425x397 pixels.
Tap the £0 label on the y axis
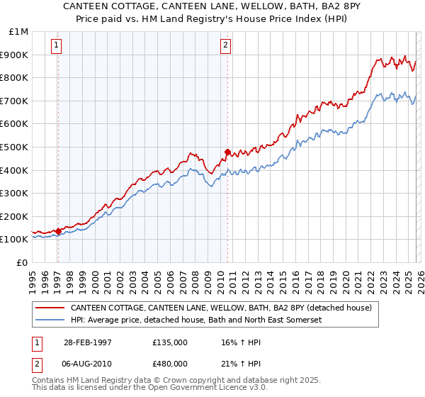click(x=23, y=262)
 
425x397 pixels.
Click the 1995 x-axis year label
click(x=33, y=276)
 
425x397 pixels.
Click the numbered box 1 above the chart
click(x=57, y=46)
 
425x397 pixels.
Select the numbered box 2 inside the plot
click(x=226, y=46)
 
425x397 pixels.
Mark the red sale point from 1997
click(x=58, y=231)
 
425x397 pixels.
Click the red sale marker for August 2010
click(x=227, y=151)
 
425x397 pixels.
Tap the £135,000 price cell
click(x=170, y=342)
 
